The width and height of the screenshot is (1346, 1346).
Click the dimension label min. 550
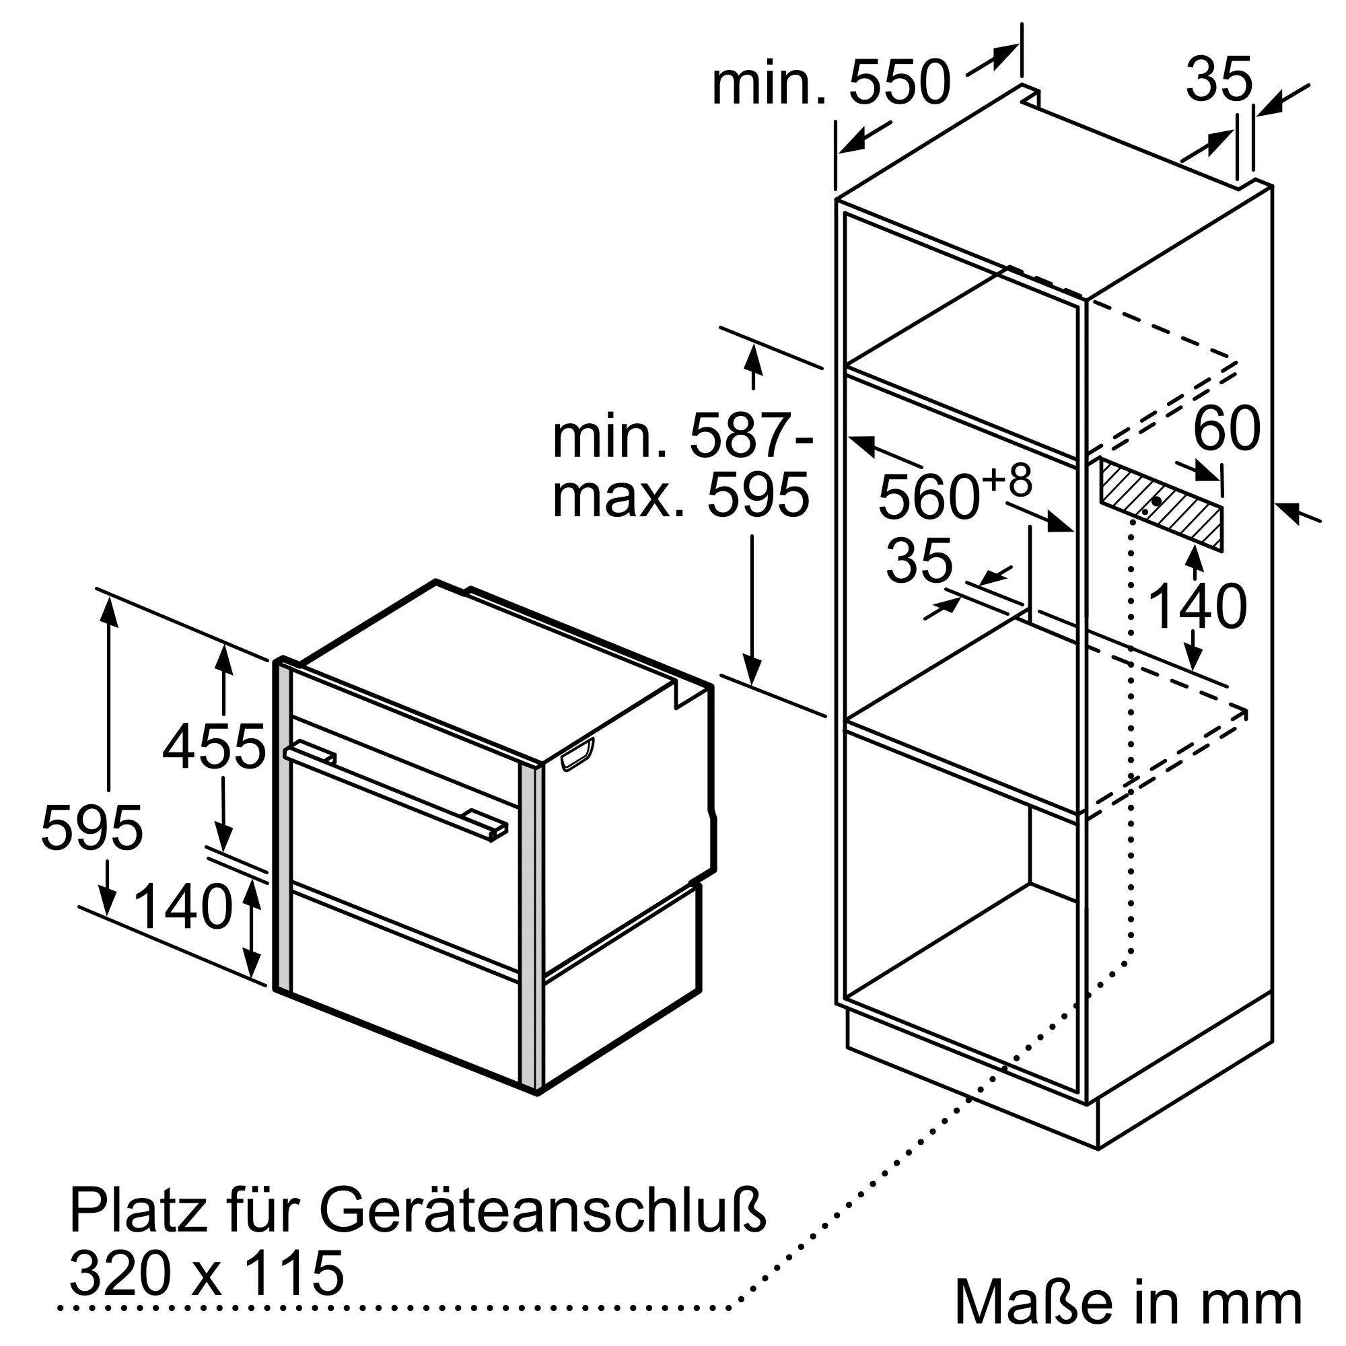point(830,83)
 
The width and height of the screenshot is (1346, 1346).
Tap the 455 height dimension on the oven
point(215,748)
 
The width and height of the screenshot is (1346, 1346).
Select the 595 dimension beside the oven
point(92,827)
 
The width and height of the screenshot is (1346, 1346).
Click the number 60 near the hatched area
point(1227,429)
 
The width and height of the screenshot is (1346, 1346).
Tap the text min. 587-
point(682,436)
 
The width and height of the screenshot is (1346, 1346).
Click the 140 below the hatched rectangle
point(1196,607)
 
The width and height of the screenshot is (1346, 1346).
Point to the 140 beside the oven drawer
point(182,907)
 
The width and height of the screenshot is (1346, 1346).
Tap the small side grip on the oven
point(577,755)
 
